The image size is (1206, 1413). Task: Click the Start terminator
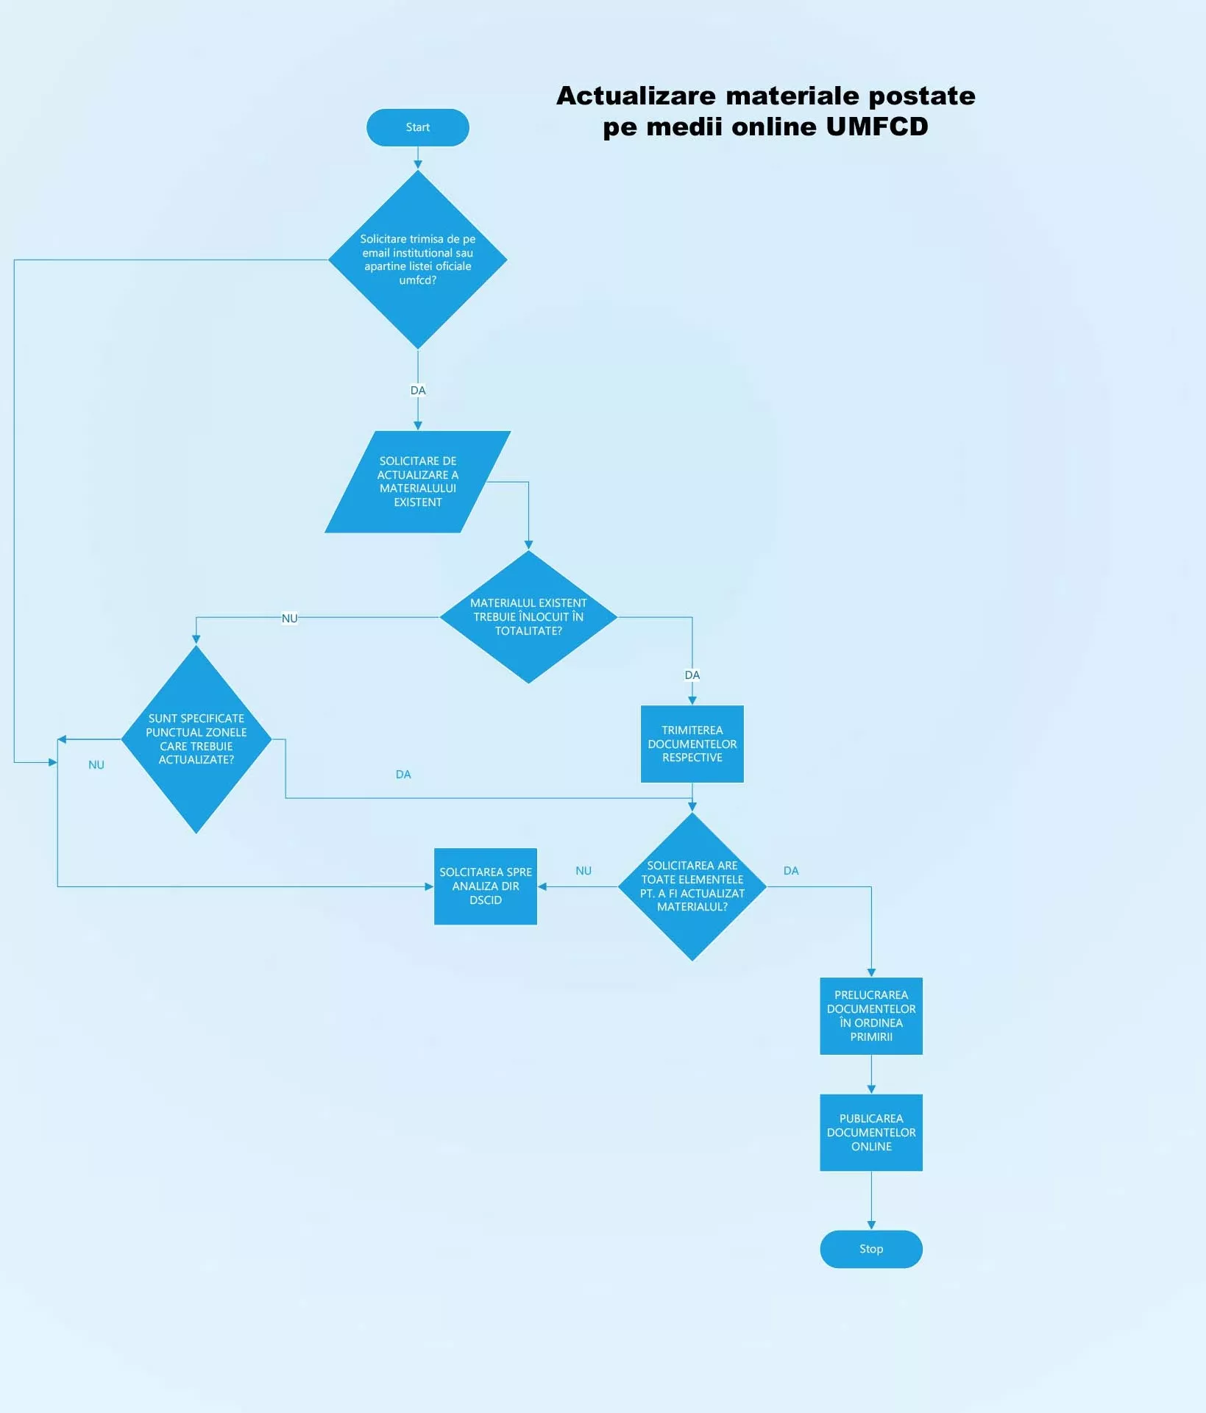(x=417, y=127)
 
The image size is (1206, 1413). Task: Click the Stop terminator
(x=870, y=1248)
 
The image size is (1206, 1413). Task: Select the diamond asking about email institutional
(x=417, y=260)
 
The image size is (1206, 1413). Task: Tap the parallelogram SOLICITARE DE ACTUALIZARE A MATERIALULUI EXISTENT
(x=417, y=482)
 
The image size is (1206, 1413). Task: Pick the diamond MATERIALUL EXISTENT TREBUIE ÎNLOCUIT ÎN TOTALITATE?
(x=528, y=616)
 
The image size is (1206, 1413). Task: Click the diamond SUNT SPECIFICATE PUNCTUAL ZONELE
(x=196, y=738)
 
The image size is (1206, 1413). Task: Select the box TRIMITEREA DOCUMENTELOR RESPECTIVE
(x=692, y=744)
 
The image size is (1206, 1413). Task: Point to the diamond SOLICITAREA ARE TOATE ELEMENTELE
(x=692, y=886)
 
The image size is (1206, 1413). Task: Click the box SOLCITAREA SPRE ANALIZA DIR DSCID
(x=485, y=886)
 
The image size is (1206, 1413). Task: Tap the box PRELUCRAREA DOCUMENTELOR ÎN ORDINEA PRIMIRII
(x=870, y=1016)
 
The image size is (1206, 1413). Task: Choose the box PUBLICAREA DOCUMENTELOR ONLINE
(x=870, y=1132)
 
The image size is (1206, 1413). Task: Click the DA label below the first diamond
(x=417, y=391)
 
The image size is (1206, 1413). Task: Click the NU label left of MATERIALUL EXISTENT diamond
(x=289, y=619)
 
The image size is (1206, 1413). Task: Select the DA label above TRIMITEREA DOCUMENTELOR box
(x=692, y=675)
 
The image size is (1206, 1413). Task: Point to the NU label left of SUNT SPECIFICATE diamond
(x=96, y=765)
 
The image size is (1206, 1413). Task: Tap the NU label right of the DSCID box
(x=583, y=871)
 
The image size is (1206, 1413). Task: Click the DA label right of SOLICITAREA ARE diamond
(x=790, y=871)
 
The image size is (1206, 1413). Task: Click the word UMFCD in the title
(x=876, y=127)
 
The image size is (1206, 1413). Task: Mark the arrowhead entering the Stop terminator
(x=870, y=1225)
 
